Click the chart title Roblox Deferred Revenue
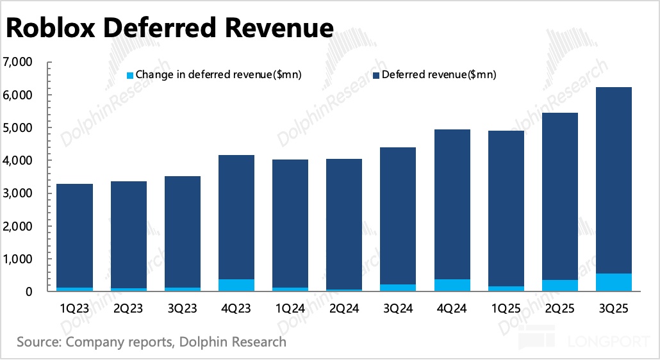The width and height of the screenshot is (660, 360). pyautogui.click(x=170, y=28)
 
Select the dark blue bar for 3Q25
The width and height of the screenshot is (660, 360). pyautogui.click(x=614, y=179)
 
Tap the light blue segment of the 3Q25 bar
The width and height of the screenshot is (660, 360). pyautogui.click(x=614, y=282)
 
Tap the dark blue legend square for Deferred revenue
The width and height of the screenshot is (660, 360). pyautogui.click(x=375, y=76)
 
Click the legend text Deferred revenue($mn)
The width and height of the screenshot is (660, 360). pyautogui.click(x=439, y=76)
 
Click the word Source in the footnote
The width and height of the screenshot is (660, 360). pyautogui.click(x=38, y=341)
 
